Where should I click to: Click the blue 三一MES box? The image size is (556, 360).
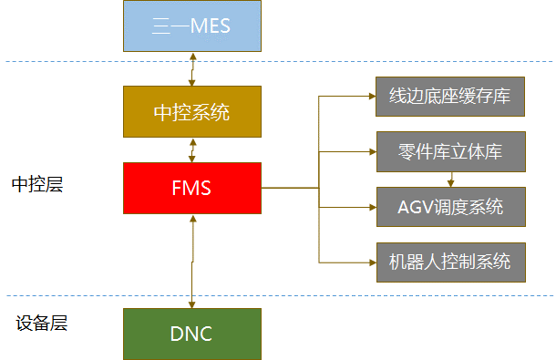(x=191, y=26)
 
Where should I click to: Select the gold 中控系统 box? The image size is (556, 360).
(x=191, y=112)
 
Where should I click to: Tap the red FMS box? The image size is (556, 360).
(x=191, y=189)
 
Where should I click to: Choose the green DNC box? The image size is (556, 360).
(x=191, y=334)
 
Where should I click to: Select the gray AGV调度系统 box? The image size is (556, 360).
(x=450, y=207)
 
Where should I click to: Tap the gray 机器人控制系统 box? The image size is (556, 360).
(x=450, y=262)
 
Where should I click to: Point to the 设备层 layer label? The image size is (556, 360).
(x=42, y=324)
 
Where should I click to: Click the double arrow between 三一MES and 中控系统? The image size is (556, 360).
(x=191, y=68)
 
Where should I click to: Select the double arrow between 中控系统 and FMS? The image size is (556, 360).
(x=191, y=150)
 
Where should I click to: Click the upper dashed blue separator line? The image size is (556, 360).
(x=365, y=62)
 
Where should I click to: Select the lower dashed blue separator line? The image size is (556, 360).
(x=365, y=295)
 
